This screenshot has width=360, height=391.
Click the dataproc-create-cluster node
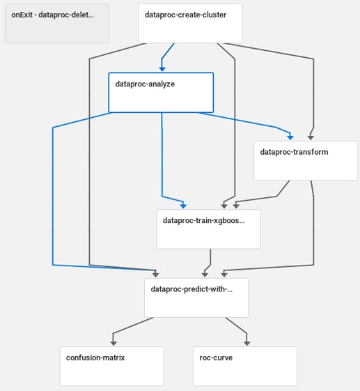[x=190, y=23]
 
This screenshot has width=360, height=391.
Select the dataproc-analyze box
[x=161, y=93]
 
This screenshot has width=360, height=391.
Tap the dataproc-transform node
[x=306, y=160]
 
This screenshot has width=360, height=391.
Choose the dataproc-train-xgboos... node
[x=208, y=229]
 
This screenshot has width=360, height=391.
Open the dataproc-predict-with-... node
[x=196, y=298]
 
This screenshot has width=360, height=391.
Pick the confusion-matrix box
[x=111, y=366]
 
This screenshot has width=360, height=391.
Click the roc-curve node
[x=245, y=366]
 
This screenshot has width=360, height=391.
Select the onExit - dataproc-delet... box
[x=57, y=23]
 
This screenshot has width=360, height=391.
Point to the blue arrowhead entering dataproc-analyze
[x=162, y=69]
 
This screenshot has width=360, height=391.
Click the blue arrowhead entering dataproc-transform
[x=290, y=137]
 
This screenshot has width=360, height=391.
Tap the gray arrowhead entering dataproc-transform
[x=311, y=137]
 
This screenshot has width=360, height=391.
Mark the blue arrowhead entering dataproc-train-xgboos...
[x=183, y=206]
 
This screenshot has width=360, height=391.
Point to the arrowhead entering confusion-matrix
[x=114, y=343]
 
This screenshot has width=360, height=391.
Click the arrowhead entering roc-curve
[x=247, y=343]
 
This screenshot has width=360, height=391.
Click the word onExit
[x=22, y=15]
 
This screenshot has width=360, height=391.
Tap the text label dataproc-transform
[x=294, y=152]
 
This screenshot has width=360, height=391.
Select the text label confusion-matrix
[x=95, y=358]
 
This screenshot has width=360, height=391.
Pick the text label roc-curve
[x=216, y=358]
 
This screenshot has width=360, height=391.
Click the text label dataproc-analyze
[x=145, y=84]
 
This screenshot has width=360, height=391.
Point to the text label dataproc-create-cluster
[x=185, y=15]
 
